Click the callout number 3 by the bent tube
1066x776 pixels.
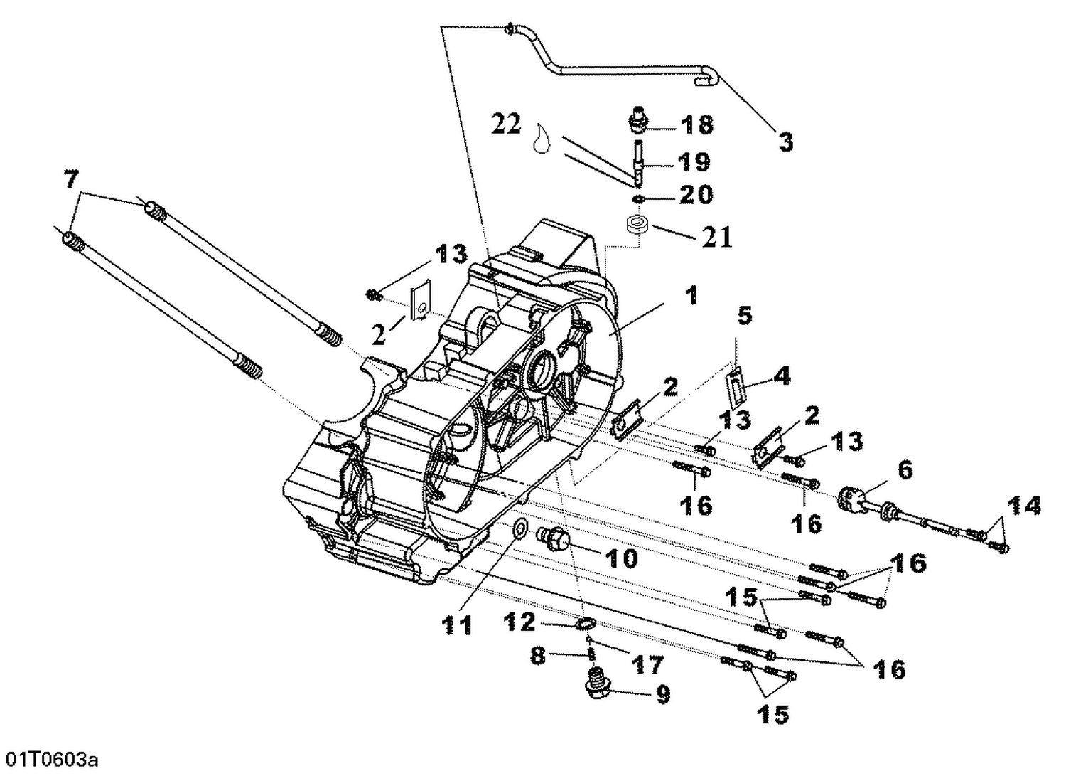pos(785,142)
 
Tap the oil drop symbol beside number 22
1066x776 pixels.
pos(542,137)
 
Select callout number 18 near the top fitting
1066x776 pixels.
pos(696,124)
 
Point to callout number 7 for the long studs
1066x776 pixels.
pos(70,179)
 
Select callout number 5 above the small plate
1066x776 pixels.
pos(744,315)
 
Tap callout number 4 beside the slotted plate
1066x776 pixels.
pos(781,376)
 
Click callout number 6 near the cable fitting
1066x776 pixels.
pos(905,469)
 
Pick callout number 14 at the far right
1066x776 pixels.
pos(1023,506)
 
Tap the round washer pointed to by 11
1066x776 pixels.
pos(520,528)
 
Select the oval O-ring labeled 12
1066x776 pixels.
pos(584,624)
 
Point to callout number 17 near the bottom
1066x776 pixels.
pos(647,664)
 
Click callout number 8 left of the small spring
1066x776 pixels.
pos(538,655)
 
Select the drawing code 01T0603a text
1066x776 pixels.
pos(50,760)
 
